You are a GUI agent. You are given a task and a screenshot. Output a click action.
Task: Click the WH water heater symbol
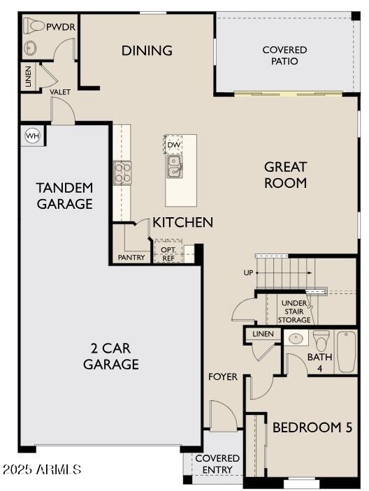coord(32,135)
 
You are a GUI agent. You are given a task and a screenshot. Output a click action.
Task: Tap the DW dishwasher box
coord(173,145)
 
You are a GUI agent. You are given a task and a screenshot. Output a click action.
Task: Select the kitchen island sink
coord(174,166)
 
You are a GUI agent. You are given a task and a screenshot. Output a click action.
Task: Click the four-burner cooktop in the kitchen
coord(122,172)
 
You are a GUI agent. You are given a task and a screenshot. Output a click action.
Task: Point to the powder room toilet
coord(34,26)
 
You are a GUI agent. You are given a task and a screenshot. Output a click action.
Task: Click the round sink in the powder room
coord(31,47)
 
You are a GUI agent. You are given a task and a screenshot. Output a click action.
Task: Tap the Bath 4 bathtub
coord(347,351)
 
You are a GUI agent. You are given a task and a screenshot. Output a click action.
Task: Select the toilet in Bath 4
coord(321,341)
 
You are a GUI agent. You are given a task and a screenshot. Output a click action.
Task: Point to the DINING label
coord(147,50)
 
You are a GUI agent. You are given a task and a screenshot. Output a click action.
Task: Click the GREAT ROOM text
coord(285,175)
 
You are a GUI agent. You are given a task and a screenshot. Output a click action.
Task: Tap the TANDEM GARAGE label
coord(64,196)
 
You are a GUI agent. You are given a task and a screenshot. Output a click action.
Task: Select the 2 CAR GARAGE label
coord(110,356)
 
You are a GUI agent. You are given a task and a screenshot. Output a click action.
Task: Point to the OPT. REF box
coord(168,254)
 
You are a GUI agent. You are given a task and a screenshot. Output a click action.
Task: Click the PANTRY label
coord(131,258)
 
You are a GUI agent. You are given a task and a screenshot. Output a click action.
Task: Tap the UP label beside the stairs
coord(248,273)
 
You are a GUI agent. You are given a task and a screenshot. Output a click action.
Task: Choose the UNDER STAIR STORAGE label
coord(294,311)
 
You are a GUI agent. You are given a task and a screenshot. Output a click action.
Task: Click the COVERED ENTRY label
coord(217,463)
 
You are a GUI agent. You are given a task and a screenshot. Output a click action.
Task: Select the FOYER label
coord(223,377)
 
